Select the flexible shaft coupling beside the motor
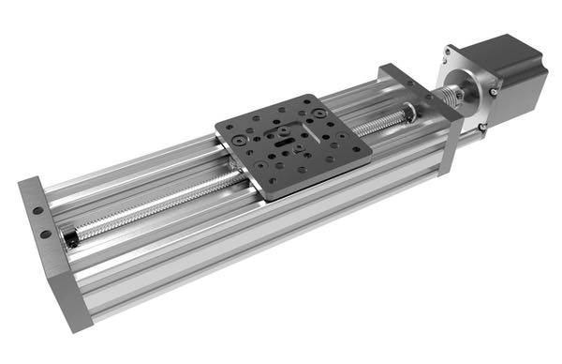455,95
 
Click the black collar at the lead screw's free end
71,240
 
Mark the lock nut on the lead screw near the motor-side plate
409,114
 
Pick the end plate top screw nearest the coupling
428,96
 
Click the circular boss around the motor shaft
472,89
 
